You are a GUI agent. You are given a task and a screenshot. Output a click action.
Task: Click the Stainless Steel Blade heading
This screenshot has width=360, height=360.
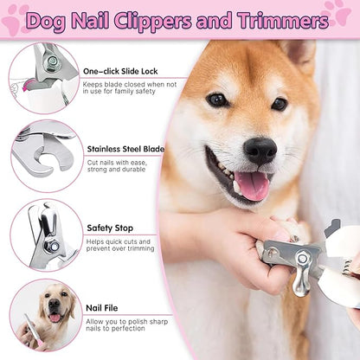[x=126, y=148]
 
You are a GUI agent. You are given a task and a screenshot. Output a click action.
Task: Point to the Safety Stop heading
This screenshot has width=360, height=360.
[x=109, y=228]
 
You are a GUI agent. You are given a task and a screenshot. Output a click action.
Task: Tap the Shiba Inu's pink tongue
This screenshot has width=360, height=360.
[x=251, y=185]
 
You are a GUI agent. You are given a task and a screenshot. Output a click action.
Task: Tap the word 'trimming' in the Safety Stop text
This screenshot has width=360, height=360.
[x=140, y=249]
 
